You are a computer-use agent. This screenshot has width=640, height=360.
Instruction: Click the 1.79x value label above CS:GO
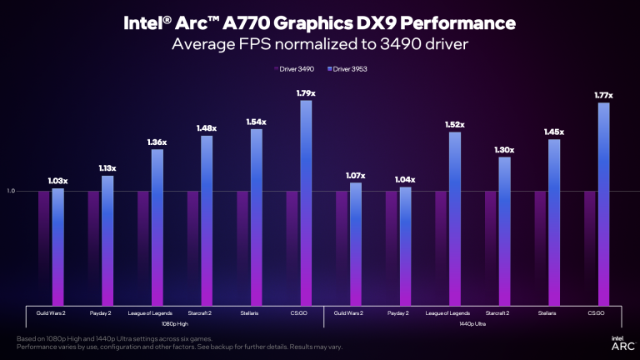click(x=305, y=92)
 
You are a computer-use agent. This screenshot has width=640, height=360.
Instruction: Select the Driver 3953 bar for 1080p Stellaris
click(x=256, y=217)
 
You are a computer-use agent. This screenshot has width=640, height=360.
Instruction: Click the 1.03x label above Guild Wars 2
click(x=57, y=180)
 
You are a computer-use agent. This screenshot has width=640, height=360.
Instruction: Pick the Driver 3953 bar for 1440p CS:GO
click(x=604, y=204)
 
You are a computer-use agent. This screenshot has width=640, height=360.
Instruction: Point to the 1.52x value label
click(x=454, y=124)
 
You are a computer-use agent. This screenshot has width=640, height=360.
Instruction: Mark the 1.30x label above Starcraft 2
click(x=504, y=150)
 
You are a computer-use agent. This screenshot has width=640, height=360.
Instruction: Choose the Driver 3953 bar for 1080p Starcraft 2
click(x=207, y=220)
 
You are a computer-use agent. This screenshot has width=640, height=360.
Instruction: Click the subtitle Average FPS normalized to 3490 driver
click(x=320, y=43)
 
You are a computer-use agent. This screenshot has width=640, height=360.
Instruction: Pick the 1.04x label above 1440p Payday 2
click(x=405, y=179)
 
